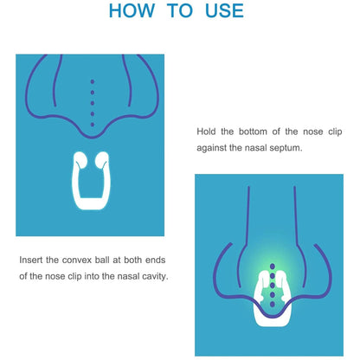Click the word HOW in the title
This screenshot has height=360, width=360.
tap(132, 12)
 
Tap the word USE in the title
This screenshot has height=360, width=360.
tap(223, 12)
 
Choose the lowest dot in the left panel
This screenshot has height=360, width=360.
tap(93, 124)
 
